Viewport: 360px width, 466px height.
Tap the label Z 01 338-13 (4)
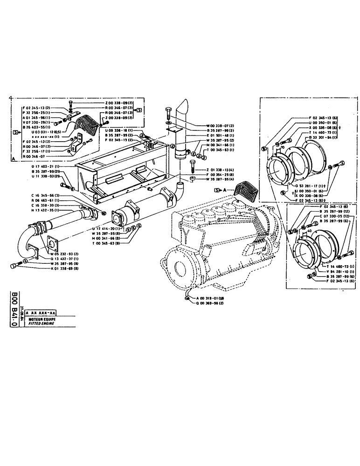220,170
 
